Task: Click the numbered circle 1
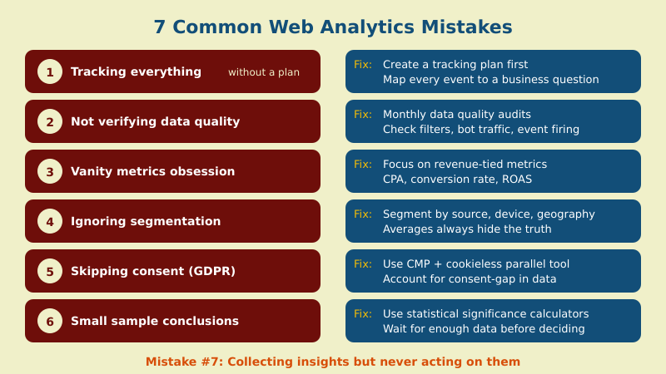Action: (x=50, y=71)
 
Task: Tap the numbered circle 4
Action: (x=50, y=221)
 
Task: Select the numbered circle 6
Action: (x=50, y=321)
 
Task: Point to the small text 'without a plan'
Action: (x=263, y=72)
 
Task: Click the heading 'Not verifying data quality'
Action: (x=155, y=121)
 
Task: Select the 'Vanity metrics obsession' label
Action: (x=152, y=171)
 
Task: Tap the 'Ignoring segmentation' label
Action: (x=146, y=221)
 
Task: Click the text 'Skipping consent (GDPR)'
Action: (x=153, y=271)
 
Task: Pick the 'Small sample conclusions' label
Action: (x=155, y=321)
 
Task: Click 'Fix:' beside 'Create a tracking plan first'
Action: (x=363, y=64)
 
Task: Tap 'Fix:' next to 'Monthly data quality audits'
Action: (x=363, y=114)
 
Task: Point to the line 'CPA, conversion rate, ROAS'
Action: (x=457, y=179)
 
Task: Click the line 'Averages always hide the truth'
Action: (x=466, y=229)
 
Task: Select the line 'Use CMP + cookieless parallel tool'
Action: (x=476, y=263)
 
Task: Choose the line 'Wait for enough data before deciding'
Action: (x=484, y=328)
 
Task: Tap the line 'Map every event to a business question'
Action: (x=490, y=80)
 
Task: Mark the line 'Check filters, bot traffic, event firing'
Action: (x=480, y=129)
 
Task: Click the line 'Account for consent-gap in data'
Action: (x=469, y=278)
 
